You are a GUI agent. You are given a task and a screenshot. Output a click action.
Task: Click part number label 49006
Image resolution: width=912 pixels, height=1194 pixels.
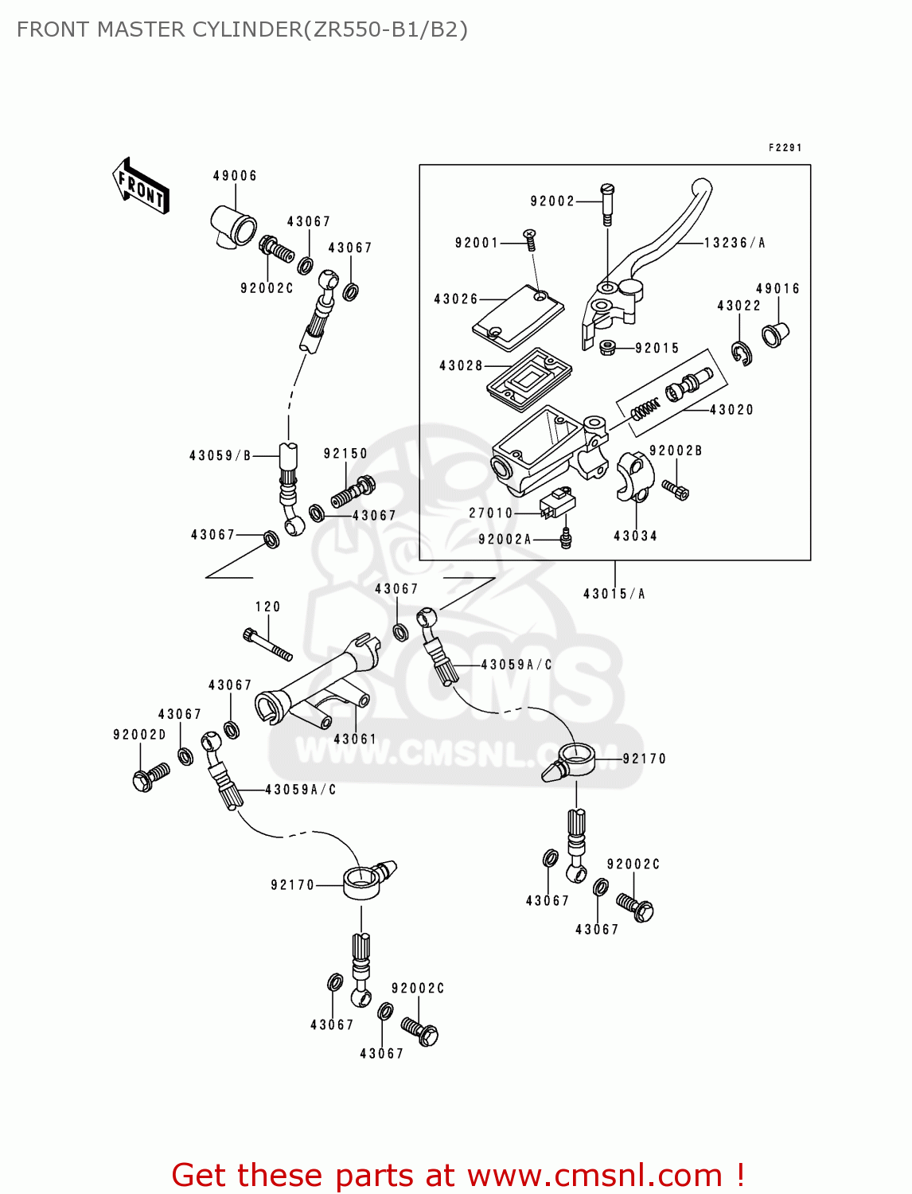235,176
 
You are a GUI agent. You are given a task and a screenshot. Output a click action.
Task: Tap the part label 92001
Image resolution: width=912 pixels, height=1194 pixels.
477,243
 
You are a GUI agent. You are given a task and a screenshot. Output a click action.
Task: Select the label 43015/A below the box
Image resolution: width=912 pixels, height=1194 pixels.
614,594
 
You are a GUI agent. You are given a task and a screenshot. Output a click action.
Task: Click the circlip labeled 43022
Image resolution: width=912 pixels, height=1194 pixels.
742,353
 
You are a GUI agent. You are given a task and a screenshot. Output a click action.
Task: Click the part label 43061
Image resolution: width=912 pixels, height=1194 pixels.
355,739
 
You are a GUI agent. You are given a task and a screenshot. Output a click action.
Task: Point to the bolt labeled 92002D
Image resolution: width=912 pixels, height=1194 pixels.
149,778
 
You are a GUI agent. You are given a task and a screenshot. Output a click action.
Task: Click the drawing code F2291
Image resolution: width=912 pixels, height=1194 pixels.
785,148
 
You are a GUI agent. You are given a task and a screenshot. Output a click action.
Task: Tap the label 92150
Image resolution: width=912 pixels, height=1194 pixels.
345,454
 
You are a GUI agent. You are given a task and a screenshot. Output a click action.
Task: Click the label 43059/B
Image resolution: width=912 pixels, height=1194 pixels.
220,455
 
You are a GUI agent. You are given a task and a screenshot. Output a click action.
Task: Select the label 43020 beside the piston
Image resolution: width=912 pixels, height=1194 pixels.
731,410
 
